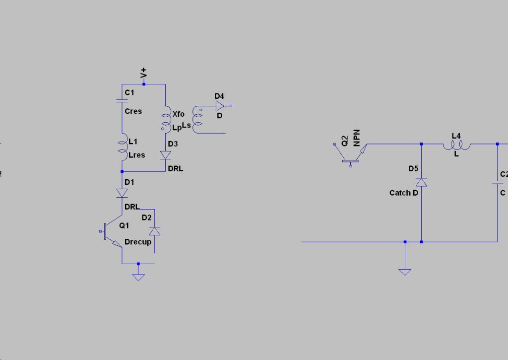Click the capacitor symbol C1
point(122,100)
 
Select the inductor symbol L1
point(123,146)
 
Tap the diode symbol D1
point(122,193)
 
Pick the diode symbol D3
point(165,155)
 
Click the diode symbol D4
point(220,106)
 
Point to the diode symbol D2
point(155,231)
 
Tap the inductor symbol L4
point(456,144)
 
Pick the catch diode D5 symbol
point(421,182)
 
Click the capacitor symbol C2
point(497,182)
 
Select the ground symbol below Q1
point(138,277)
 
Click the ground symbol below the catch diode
point(405,271)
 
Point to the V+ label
point(143,73)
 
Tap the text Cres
point(133,111)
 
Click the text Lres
point(137,155)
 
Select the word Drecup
point(138,242)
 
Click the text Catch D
point(404,193)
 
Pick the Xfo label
point(179,114)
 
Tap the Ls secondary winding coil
point(197,119)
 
